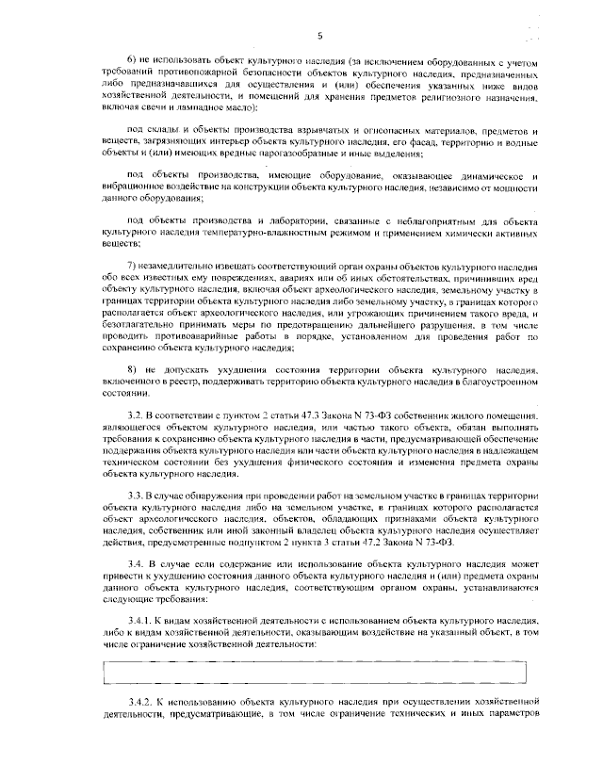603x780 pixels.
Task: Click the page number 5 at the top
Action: click(320, 36)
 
